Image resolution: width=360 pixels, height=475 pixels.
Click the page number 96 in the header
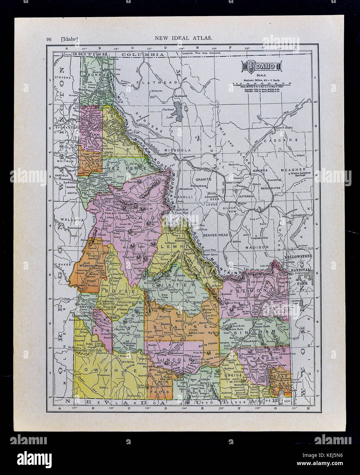[x=49, y=39]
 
